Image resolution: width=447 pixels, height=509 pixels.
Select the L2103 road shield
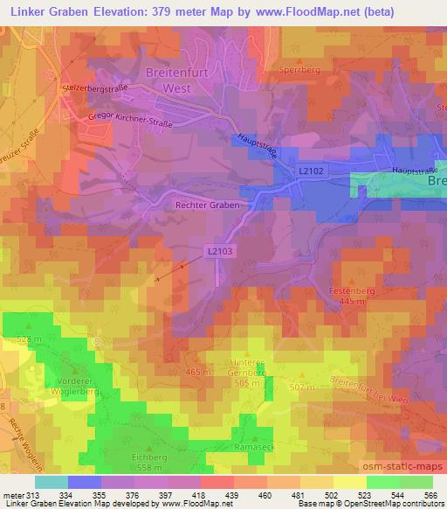pos(221,251)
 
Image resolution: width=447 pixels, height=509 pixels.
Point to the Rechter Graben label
pos(206,204)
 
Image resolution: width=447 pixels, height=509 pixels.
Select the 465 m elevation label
pos(198,373)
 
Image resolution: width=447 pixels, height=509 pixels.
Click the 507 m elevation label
pos(299,387)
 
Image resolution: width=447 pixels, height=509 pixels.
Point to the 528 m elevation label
pos(29,338)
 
